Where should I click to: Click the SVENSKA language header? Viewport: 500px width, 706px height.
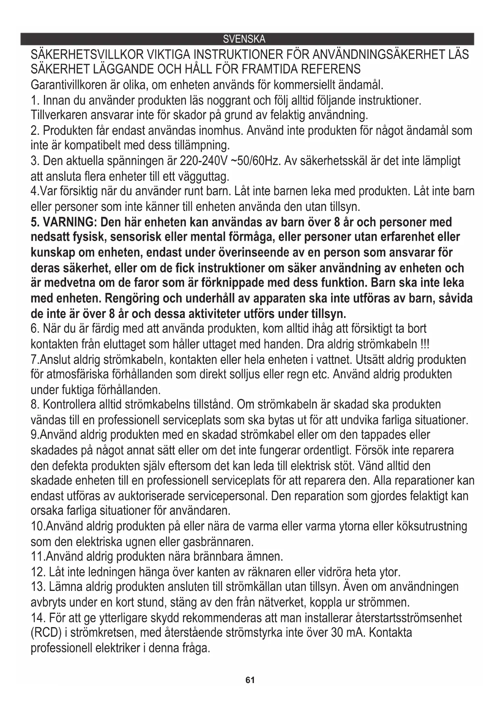(244, 39)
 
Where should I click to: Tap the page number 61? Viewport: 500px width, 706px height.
(250, 680)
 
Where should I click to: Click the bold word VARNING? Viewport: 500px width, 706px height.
(68, 222)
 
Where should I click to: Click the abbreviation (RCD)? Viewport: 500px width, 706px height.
(46, 633)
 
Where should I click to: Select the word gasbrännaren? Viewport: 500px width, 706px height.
(218, 541)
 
